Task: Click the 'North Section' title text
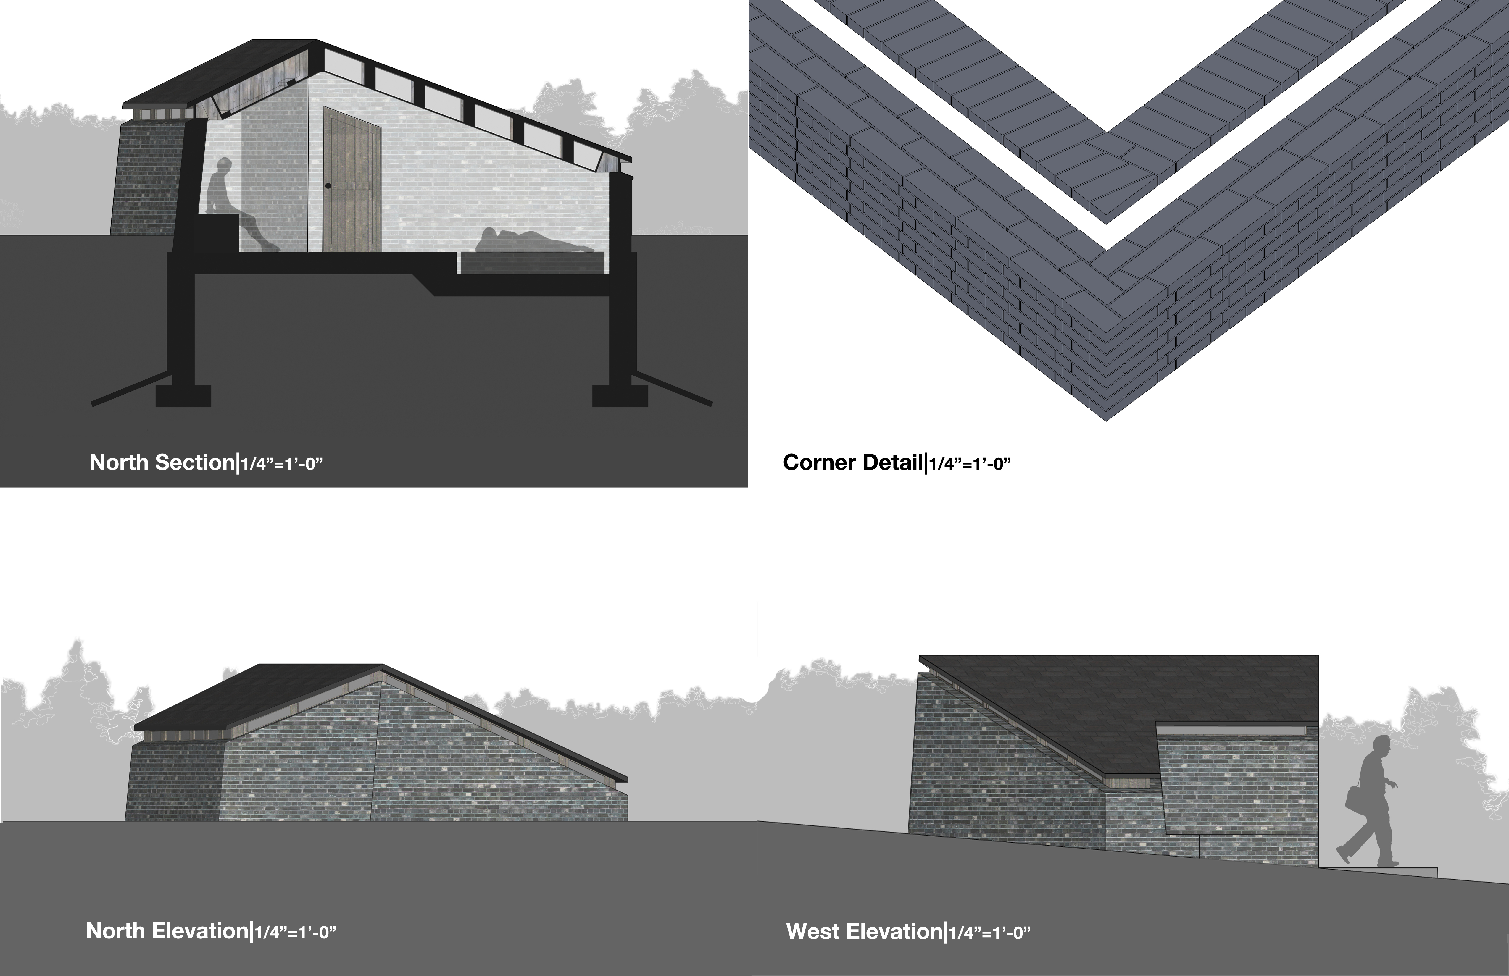pyautogui.click(x=162, y=463)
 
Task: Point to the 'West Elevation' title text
pyautogui.click(x=864, y=932)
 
